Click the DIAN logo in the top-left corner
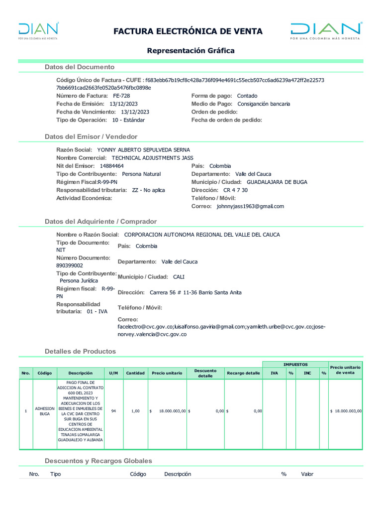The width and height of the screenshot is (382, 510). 38,30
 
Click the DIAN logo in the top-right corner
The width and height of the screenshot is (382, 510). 326,30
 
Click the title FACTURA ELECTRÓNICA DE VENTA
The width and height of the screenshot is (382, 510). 188,31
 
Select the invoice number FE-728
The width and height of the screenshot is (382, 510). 121,96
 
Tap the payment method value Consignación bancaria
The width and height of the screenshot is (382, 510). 263,104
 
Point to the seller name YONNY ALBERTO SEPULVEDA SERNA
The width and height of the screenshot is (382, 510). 143,150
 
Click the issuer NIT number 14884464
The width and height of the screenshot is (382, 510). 112,166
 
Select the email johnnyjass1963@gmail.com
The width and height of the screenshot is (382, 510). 250,206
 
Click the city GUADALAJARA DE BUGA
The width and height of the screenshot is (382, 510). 277,182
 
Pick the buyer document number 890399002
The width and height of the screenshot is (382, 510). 70,266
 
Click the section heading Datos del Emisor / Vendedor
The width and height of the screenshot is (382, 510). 91,136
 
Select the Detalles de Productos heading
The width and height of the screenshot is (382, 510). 80,351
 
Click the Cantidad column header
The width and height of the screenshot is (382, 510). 135,373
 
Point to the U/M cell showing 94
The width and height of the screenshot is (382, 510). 114,411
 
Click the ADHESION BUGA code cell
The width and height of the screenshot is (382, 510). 45,411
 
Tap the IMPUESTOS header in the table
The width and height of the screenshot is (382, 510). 295,365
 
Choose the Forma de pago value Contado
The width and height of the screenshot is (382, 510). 247,96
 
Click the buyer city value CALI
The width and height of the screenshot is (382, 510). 179,277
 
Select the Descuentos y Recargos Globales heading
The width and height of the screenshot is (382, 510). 98,461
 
